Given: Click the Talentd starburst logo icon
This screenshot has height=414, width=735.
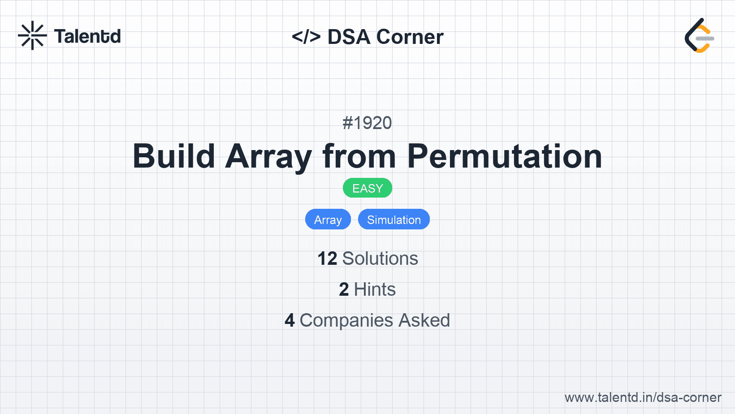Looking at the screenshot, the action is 32,35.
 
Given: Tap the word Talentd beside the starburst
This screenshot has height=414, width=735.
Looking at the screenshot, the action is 87,36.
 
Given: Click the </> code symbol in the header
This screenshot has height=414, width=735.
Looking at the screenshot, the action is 306,36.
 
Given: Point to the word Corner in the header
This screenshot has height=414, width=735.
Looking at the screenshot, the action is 410,36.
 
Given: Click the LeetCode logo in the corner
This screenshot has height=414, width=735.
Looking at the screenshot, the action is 700,35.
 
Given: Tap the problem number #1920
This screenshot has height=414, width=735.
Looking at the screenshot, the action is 367,123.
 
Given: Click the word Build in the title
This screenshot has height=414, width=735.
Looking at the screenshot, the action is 173,156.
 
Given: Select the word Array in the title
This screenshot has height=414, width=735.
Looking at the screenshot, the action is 268,158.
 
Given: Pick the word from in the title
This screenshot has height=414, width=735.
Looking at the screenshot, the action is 359,156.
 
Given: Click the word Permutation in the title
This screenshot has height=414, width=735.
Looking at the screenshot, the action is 505,156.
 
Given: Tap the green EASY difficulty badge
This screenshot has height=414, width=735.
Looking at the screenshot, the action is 367,188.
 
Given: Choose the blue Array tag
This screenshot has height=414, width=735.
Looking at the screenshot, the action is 328,219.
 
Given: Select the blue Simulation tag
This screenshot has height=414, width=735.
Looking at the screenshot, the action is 394,219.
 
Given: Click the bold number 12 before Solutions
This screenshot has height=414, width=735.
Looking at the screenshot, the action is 327,259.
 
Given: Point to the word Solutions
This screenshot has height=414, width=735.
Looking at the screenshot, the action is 380,259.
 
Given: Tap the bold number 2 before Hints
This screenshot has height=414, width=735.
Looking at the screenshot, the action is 344,289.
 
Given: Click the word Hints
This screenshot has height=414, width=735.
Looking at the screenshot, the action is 375,289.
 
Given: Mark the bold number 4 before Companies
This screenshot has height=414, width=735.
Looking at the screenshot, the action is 290,320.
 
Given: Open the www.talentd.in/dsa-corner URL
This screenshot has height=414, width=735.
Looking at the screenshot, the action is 643,397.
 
